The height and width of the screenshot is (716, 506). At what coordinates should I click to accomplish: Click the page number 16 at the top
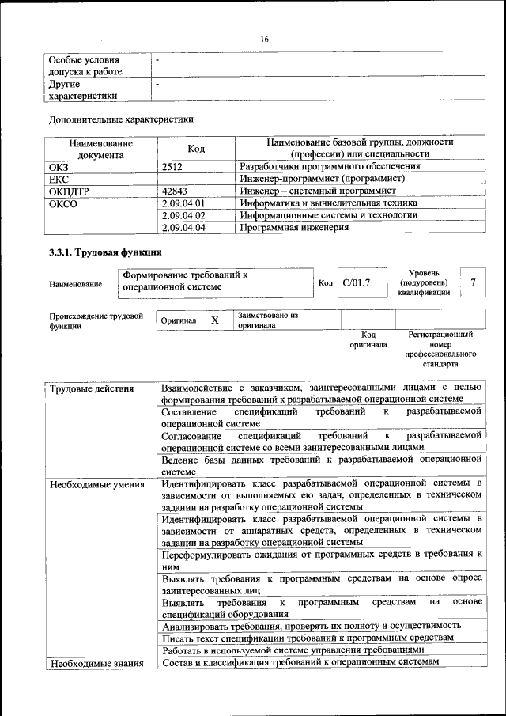click(x=265, y=39)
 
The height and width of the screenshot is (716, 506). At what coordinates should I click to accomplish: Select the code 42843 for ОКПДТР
click(x=176, y=191)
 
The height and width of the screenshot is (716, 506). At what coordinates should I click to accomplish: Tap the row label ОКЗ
click(x=60, y=167)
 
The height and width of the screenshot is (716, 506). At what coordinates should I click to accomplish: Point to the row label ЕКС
click(x=59, y=179)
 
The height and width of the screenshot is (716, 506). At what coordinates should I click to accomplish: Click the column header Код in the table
click(x=196, y=148)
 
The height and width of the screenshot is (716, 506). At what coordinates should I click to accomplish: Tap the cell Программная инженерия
click(x=294, y=227)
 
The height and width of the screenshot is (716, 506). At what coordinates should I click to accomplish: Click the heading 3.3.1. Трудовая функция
click(x=106, y=252)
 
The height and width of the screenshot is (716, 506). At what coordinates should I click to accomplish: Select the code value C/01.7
click(x=356, y=282)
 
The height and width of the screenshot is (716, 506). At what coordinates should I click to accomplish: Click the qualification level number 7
click(x=472, y=282)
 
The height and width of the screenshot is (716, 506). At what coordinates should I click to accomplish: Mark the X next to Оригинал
click(x=214, y=320)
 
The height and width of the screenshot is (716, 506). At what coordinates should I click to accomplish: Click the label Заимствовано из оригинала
click(x=267, y=320)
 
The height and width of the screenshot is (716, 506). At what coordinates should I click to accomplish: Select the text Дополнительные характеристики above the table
click(x=121, y=119)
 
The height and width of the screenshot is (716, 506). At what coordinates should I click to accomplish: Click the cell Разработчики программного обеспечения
click(x=330, y=167)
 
